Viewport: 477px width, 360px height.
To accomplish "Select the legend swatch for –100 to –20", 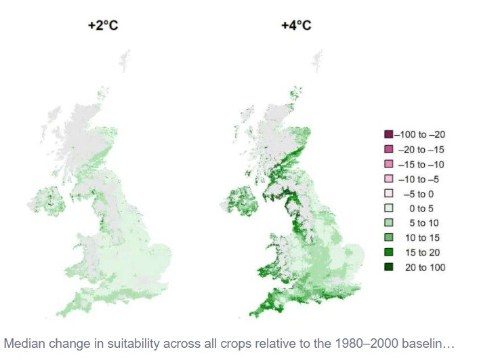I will (x=388, y=134).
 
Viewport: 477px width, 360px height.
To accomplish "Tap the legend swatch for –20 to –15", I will (x=388, y=149).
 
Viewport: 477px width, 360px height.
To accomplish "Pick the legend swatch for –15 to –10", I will (x=388, y=164).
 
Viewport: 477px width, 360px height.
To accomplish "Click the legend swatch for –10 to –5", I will (x=388, y=179).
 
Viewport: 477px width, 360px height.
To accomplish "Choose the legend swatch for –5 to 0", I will (x=388, y=193).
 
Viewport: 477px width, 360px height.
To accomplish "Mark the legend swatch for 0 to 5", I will (x=388, y=208).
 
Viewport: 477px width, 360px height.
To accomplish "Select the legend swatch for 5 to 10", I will (x=388, y=223).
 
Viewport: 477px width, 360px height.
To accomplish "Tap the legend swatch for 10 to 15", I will (x=388, y=237).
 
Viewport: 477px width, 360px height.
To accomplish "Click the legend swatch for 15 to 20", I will (x=388, y=252).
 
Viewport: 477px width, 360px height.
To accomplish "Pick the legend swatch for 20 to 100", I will (x=388, y=267).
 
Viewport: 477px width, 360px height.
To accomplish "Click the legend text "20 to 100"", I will (x=422, y=267).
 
